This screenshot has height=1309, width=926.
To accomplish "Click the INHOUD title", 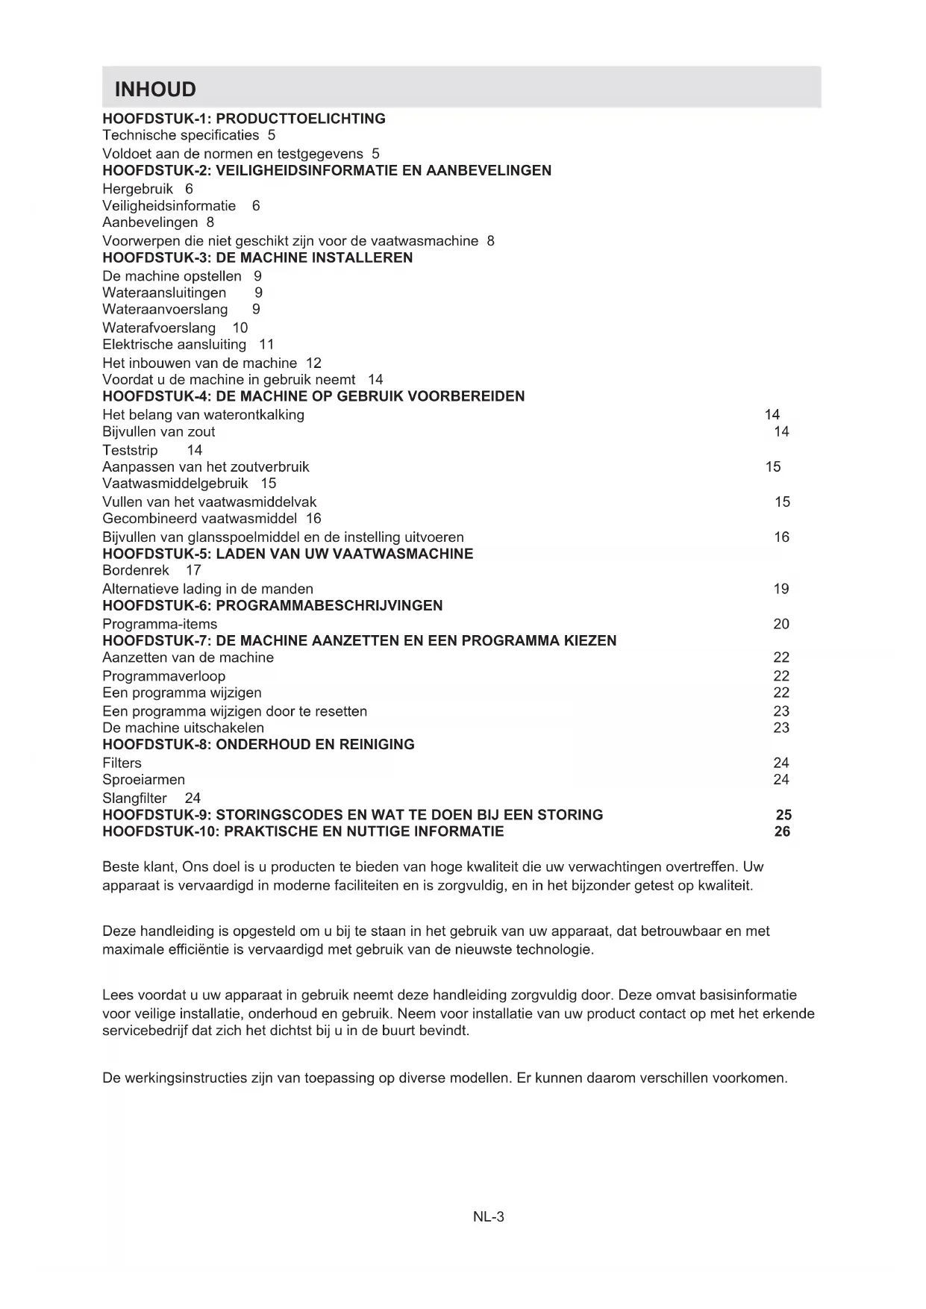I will point(155,90).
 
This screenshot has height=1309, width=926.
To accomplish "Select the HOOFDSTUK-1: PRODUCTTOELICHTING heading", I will point(244,119).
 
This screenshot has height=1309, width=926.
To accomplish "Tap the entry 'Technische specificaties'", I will point(181,135).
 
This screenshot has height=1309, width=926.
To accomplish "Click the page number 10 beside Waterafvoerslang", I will point(240,328).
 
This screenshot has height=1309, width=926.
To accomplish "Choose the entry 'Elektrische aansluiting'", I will point(174,344).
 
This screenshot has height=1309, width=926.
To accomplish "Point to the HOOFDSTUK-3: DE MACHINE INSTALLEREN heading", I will point(257,257).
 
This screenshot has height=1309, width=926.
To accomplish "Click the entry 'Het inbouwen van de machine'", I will point(199,363).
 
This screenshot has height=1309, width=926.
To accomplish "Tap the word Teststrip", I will point(130,450).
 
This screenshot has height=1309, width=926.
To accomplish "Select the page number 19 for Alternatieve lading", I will point(780,589).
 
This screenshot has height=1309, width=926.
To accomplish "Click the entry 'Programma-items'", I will point(160,624).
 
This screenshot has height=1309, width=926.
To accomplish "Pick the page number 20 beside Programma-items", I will point(780,624).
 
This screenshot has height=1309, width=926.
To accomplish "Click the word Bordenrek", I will point(136,570).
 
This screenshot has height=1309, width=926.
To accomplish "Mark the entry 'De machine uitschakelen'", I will point(183,728).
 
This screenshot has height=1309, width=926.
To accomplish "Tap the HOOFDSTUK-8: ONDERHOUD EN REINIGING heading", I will point(258,744).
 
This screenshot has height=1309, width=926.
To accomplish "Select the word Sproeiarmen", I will point(143,779).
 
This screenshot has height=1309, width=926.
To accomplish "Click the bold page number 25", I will point(783,815).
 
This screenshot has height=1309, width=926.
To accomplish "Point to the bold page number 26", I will point(782,831).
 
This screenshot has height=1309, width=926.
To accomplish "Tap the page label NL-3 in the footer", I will point(489,1217).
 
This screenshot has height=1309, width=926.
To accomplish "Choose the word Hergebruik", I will point(137,189).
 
